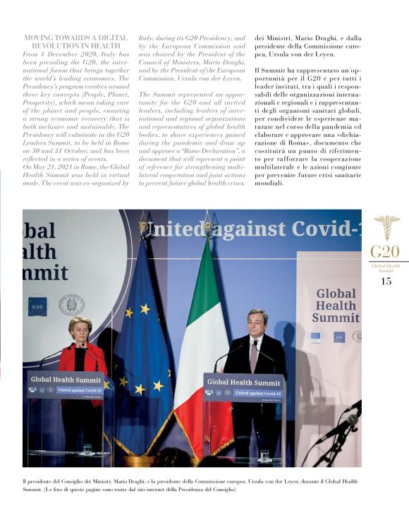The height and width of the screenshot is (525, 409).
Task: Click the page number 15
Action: click(386, 281)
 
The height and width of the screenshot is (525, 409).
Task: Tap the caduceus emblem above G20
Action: click(386, 227)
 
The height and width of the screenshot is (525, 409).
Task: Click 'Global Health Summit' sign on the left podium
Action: click(66, 380)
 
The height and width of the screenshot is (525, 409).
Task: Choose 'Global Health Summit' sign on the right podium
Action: click(244, 382)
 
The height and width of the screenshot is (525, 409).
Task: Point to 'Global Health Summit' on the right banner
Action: click(336, 306)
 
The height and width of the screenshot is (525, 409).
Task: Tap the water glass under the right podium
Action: click(263, 455)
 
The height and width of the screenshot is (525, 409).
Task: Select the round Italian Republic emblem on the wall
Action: click(71, 304)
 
